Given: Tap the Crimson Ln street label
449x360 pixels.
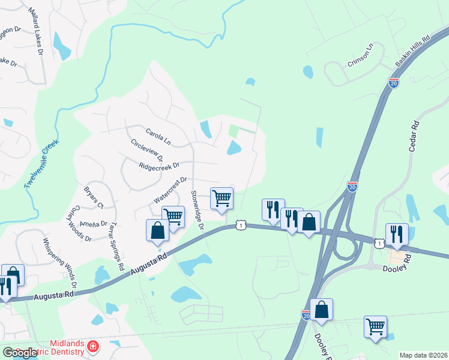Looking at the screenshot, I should (360, 54).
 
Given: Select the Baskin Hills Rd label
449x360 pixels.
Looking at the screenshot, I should (414, 51).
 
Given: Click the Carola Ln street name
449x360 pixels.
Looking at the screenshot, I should (158, 136).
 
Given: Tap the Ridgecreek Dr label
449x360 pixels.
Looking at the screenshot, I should (159, 166).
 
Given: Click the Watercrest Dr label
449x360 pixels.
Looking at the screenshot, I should (171, 189).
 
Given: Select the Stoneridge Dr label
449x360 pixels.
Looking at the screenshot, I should (197, 211).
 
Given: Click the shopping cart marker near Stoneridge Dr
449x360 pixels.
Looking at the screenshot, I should (221, 198).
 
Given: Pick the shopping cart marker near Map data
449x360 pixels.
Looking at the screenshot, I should (375, 327).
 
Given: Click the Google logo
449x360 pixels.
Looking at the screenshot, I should (19, 353).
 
